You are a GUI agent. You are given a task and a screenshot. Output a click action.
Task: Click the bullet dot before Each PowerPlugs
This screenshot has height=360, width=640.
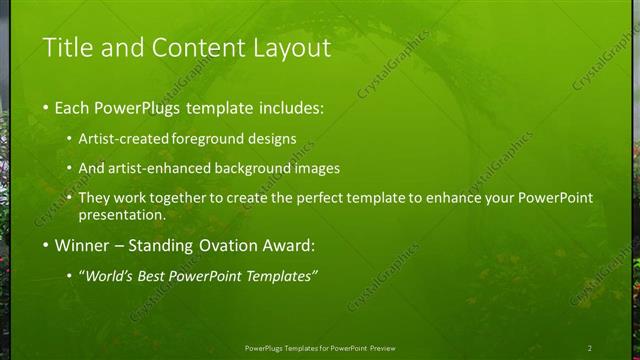point(45,107)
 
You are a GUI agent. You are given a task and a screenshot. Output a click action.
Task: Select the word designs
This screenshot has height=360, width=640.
point(273,139)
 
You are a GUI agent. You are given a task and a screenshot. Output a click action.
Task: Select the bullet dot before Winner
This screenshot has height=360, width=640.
point(45,245)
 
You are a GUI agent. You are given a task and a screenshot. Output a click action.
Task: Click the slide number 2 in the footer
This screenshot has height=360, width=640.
point(589,347)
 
